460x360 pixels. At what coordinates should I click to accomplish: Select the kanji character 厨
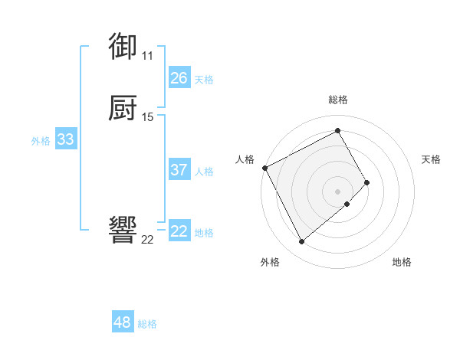click(123, 108)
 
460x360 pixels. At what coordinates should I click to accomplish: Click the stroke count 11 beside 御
click(147, 55)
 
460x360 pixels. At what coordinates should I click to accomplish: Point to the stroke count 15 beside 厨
click(148, 117)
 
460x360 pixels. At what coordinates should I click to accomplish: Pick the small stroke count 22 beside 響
click(147, 240)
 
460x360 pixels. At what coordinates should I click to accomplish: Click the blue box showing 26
click(179, 78)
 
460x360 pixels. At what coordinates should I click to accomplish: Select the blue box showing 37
click(179, 170)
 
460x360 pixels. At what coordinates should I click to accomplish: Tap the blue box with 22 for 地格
click(179, 231)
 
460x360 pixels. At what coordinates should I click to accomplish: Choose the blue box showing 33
click(66, 139)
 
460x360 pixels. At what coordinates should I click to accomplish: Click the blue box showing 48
click(123, 322)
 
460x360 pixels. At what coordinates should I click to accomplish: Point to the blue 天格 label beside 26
click(204, 79)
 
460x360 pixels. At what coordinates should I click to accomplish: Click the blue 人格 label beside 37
click(204, 171)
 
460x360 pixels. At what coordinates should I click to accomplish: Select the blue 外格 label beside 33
click(41, 140)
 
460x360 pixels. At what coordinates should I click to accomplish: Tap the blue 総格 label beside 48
click(148, 324)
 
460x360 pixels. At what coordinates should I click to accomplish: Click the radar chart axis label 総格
click(338, 100)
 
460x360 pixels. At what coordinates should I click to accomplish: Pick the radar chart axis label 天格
click(431, 159)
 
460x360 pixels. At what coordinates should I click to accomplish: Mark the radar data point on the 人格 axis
click(264, 168)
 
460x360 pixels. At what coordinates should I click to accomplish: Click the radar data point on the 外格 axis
click(301, 242)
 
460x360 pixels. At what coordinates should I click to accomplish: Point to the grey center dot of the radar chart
click(338, 191)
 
